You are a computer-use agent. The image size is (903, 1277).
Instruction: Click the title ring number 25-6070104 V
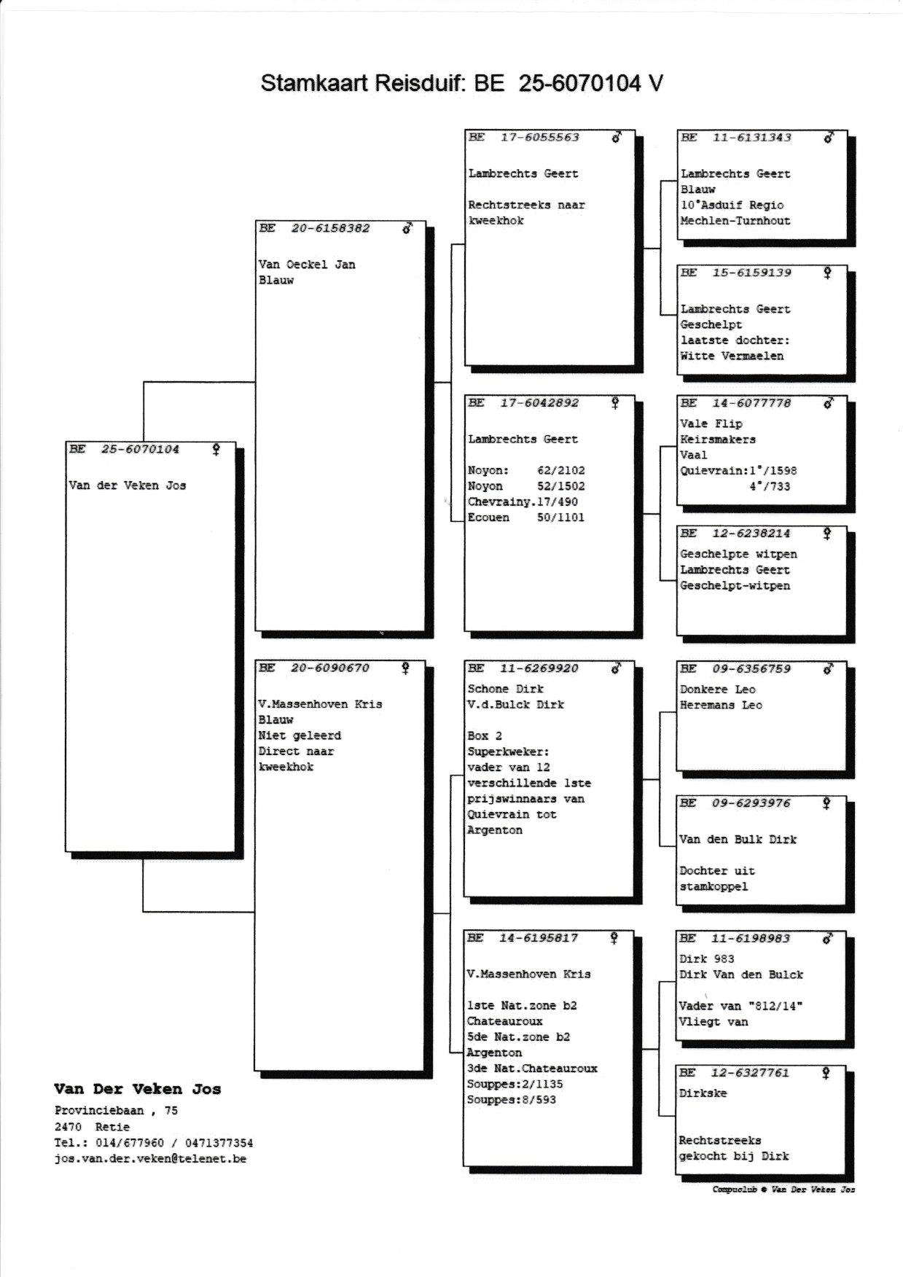click(x=590, y=83)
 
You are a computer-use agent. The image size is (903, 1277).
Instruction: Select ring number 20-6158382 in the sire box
click(x=330, y=228)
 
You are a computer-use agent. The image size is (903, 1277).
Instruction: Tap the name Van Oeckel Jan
click(x=307, y=265)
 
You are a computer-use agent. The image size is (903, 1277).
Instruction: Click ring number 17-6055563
click(x=539, y=137)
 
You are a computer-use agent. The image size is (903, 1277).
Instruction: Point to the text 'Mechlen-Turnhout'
click(x=735, y=221)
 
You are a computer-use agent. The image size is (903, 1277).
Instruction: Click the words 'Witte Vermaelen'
click(x=732, y=356)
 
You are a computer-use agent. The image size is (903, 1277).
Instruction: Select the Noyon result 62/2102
click(x=560, y=471)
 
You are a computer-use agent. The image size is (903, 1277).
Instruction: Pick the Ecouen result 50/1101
click(x=560, y=518)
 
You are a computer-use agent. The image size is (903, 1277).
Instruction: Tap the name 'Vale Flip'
click(x=711, y=423)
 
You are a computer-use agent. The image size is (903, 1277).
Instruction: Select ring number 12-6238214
click(x=751, y=534)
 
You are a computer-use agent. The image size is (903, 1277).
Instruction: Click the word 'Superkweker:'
click(x=508, y=751)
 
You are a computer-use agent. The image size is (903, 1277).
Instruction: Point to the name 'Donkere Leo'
click(x=717, y=690)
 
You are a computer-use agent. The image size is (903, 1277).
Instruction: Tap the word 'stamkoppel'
click(x=714, y=887)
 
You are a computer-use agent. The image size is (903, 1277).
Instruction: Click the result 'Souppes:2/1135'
click(x=515, y=1085)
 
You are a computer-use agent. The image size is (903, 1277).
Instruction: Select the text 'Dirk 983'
click(x=706, y=959)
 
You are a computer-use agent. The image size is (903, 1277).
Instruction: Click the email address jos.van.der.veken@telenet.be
click(x=150, y=1159)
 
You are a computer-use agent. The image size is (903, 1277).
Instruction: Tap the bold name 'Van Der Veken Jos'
click(x=137, y=1090)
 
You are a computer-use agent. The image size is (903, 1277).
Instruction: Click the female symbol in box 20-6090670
click(x=405, y=668)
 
